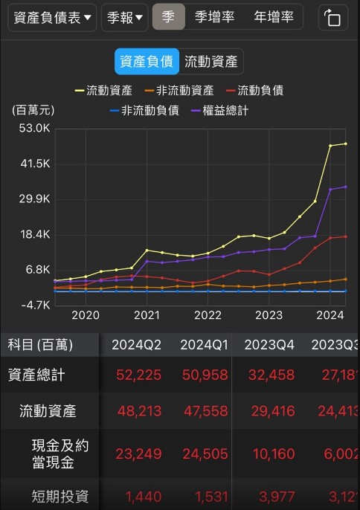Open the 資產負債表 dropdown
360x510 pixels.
click(x=52, y=17)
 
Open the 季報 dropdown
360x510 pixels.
click(x=124, y=17)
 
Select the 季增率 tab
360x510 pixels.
click(x=214, y=16)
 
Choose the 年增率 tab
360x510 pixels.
click(x=273, y=16)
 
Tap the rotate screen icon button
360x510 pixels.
click(x=332, y=18)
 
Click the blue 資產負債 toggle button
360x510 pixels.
click(x=147, y=62)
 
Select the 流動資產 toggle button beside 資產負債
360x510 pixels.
click(x=211, y=62)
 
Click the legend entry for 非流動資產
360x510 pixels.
click(x=179, y=91)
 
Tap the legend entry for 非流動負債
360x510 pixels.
click(x=144, y=110)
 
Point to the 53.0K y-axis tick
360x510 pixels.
click(x=34, y=128)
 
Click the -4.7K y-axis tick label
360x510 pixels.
click(x=34, y=304)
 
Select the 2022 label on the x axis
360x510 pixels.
click(x=208, y=314)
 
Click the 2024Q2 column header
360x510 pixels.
click(x=136, y=344)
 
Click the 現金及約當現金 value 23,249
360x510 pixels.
click(x=138, y=453)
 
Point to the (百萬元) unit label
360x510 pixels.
click(x=33, y=110)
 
